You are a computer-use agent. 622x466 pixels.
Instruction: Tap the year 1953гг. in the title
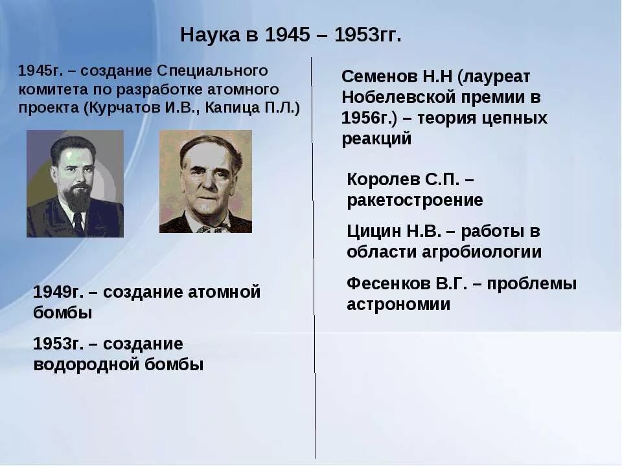click(x=368, y=35)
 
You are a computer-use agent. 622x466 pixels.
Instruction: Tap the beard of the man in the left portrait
click(x=78, y=197)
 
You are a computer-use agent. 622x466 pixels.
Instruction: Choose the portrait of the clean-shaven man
click(x=205, y=181)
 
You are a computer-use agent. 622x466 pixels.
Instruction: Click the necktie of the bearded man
click(x=78, y=223)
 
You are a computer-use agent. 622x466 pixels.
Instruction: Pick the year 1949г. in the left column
click(x=58, y=292)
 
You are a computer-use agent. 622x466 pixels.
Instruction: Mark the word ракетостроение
click(x=415, y=200)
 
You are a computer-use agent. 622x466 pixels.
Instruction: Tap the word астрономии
click(x=398, y=304)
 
